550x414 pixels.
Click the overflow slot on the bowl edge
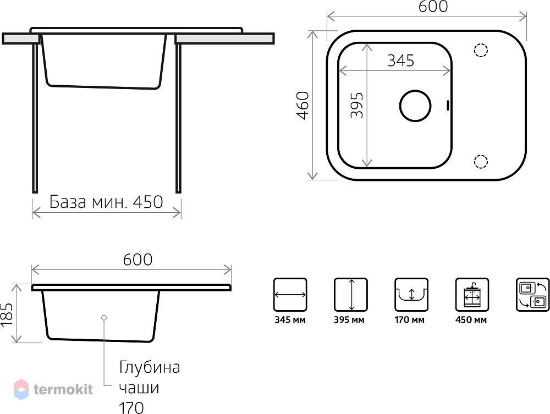(448, 106)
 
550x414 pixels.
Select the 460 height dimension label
(302, 106)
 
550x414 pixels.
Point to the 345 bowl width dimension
(400, 60)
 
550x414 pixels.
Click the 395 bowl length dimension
(357, 105)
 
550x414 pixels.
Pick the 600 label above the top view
(433, 7)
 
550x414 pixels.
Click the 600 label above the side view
(137, 260)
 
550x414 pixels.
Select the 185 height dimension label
(7, 315)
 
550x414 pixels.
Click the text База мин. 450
(106, 202)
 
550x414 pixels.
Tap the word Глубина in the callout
(150, 367)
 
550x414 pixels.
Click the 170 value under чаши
(131, 408)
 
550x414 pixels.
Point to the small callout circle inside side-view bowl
(104, 318)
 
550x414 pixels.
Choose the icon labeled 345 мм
(290, 295)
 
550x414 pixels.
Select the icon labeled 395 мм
(351, 295)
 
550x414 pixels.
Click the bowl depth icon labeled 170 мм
(411, 295)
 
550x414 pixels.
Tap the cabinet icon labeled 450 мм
(472, 295)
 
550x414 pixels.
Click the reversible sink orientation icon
(533, 295)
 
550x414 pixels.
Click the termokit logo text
(63, 389)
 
